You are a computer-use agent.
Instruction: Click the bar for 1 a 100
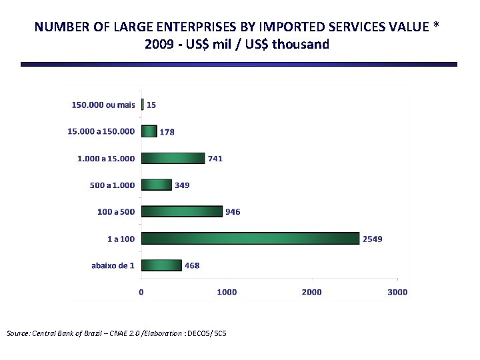click(250, 238)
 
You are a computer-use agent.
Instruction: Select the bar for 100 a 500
click(181, 211)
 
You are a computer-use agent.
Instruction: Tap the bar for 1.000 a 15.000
click(173, 158)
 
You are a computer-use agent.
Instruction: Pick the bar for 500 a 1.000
click(156, 185)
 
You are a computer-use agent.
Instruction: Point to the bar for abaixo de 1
click(161, 265)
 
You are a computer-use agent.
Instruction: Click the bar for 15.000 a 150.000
click(149, 131)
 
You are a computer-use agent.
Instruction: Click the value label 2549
click(372, 239)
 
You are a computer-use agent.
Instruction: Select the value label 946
click(233, 212)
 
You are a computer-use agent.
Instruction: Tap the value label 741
click(215, 159)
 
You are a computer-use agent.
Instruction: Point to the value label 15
click(151, 105)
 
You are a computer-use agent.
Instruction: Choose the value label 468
click(192, 265)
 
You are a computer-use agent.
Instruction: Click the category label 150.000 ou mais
click(103, 105)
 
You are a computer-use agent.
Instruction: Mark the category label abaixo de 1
click(113, 265)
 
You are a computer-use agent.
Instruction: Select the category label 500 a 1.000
click(112, 185)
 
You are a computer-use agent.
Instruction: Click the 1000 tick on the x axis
click(227, 292)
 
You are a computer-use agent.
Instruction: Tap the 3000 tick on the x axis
click(397, 292)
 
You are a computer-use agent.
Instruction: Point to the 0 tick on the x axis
click(141, 292)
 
